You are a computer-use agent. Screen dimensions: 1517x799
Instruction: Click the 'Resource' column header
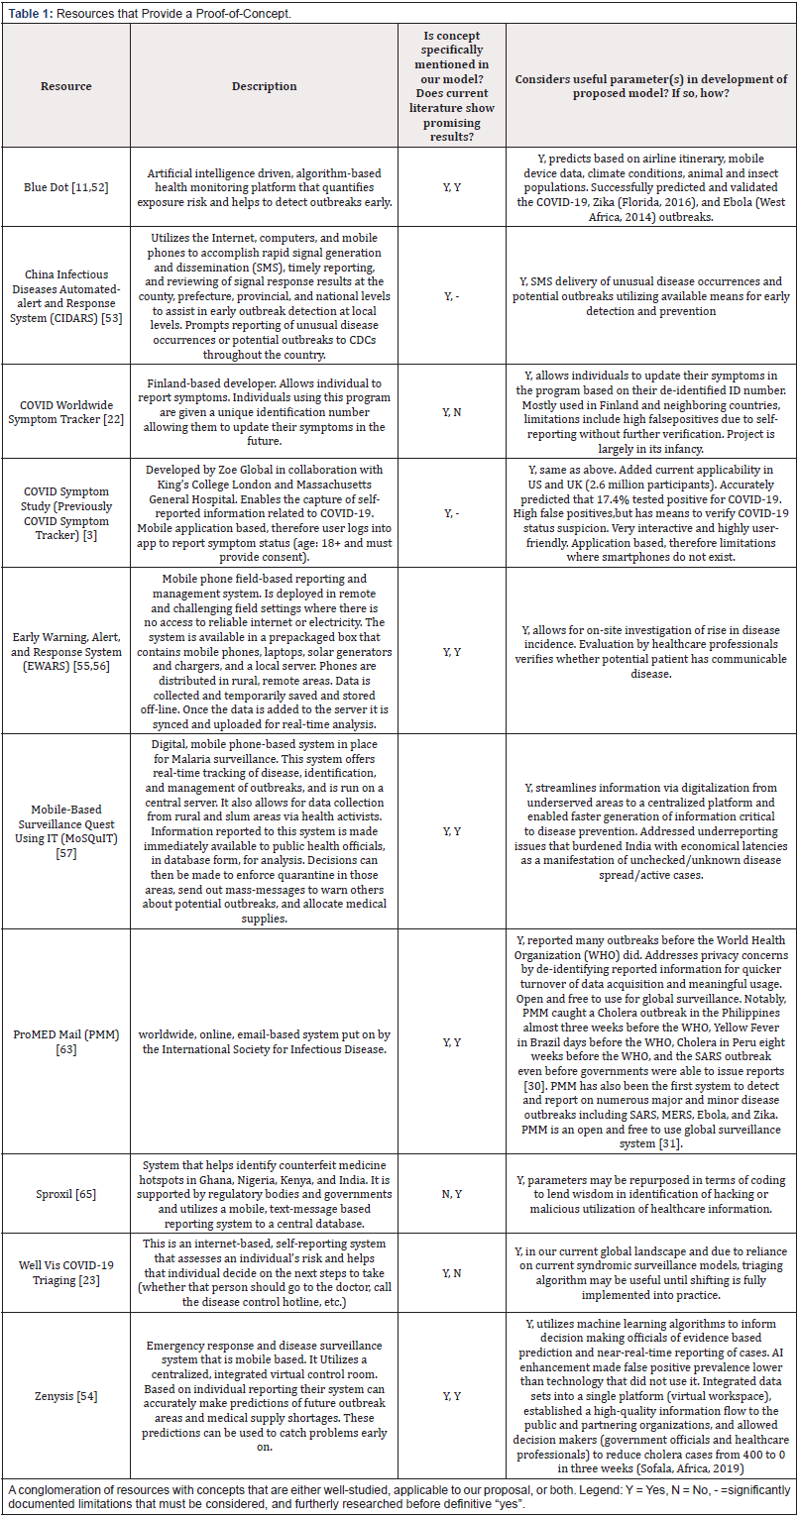coord(65,86)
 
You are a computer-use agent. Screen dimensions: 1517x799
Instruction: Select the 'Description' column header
coord(264,86)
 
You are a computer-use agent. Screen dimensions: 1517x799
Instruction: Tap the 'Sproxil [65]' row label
coord(65,1194)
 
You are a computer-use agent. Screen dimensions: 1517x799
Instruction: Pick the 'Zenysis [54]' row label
coord(65,1395)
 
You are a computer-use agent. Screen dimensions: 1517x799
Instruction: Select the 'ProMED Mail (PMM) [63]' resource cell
coord(65,1042)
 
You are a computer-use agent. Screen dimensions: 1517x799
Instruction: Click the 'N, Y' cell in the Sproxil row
coord(449,1194)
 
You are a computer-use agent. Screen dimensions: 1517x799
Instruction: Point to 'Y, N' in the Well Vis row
coord(449,1272)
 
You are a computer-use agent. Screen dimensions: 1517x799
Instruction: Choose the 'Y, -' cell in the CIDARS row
coord(449,295)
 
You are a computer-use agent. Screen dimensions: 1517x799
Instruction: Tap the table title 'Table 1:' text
coord(29,10)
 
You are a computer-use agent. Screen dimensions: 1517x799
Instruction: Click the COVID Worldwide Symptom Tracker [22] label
coord(65,411)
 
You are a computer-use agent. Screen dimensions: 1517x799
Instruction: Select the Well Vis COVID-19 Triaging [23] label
coord(65,1272)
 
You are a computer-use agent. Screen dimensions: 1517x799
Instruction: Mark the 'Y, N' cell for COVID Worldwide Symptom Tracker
coord(449,411)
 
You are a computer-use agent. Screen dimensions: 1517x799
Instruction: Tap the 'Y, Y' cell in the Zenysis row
coord(449,1395)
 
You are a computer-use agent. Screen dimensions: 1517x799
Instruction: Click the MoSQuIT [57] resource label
coord(65,830)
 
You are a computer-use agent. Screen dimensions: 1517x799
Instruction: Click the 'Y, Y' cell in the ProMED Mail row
coord(449,1042)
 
